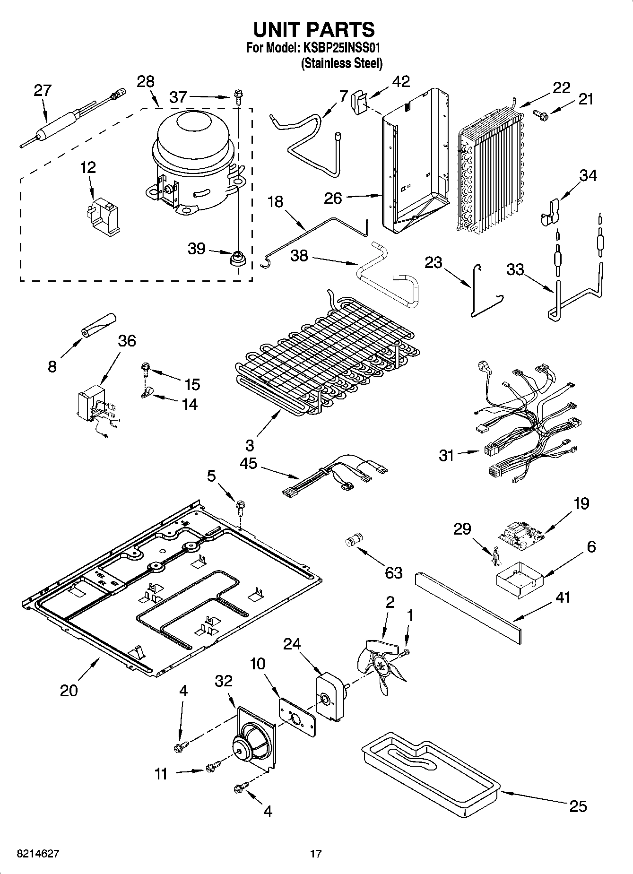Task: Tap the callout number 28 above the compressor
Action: click(x=146, y=81)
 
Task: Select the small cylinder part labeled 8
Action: click(x=98, y=325)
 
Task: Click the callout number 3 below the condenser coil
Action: click(x=249, y=445)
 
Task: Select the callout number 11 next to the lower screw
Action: click(x=161, y=774)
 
